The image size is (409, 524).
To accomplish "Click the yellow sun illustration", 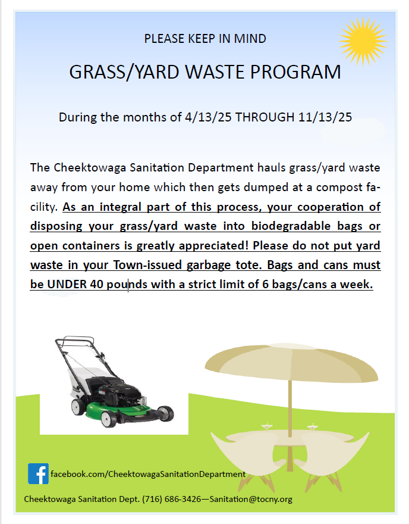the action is (x=363, y=41).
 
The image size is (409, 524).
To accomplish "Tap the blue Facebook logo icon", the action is (x=39, y=473).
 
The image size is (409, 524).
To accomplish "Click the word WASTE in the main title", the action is (x=213, y=72).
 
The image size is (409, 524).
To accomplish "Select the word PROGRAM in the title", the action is (x=295, y=72).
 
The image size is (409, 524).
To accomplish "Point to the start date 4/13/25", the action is (x=208, y=117).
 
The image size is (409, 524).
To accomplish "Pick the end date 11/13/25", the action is (x=325, y=117).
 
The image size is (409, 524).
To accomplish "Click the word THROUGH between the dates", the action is (x=265, y=117).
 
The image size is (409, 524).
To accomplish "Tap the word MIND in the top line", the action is (x=250, y=39).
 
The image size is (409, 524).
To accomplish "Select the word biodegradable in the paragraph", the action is (x=291, y=226).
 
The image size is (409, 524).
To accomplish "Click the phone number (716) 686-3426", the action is (x=172, y=499).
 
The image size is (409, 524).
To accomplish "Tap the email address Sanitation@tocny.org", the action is (x=251, y=499).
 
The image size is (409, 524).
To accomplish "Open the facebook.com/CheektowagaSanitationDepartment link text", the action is (x=148, y=474).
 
